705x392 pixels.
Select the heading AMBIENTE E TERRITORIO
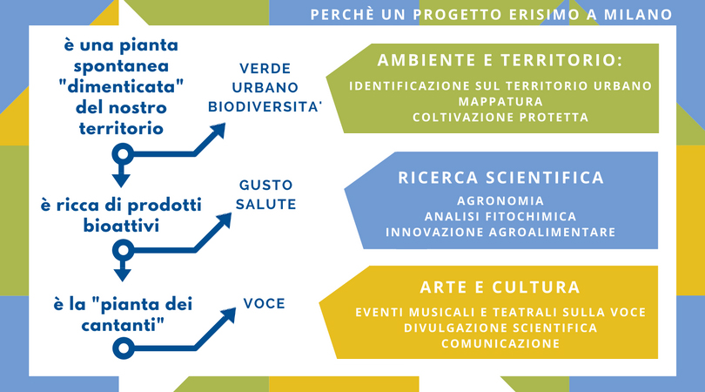pos(500,60)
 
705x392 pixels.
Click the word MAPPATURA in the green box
pos(500,102)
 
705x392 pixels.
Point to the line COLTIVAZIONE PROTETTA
pos(500,118)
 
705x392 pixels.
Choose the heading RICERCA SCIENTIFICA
pos(500,178)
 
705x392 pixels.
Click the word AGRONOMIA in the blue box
pos(500,200)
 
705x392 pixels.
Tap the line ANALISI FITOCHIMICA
pos(500,217)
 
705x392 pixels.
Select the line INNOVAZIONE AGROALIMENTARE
pos(500,233)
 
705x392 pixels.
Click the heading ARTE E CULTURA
pos(500,287)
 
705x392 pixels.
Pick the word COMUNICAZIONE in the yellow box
pos(500,344)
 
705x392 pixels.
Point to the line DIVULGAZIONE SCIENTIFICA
pos(500,328)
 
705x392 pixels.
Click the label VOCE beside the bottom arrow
pos(265,304)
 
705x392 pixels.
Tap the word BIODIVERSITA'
pos(265,107)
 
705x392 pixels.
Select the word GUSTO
pos(265,185)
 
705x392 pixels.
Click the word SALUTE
pos(265,205)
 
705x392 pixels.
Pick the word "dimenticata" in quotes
pos(121,86)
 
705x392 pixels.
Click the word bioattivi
pos(121,226)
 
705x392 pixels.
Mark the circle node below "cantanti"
pos(124,348)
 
